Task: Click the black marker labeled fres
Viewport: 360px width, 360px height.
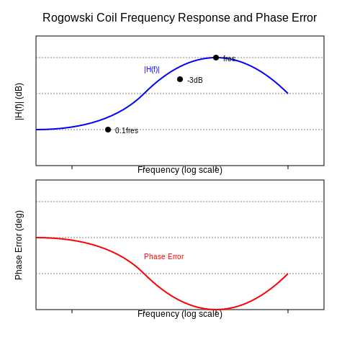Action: click(x=216, y=58)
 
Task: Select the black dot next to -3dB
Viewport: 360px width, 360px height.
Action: click(x=180, y=79)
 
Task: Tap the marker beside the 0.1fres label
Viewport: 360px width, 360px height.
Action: click(x=108, y=130)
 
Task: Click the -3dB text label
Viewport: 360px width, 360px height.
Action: click(x=195, y=80)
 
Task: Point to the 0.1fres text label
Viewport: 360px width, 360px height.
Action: click(x=127, y=130)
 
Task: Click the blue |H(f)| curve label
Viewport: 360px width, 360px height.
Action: click(x=152, y=69)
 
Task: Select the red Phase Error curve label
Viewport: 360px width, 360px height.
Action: click(x=164, y=256)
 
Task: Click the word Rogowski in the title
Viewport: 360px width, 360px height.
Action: click(x=68, y=18)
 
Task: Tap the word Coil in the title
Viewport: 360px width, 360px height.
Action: click(x=107, y=17)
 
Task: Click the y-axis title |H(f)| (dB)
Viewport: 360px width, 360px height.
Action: click(x=19, y=102)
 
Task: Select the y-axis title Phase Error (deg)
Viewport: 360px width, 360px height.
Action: click(x=19, y=245)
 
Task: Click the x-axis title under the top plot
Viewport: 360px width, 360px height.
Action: click(x=180, y=170)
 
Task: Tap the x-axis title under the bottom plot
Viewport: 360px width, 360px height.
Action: click(x=180, y=314)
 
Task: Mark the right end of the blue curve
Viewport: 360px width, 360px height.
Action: click(x=288, y=94)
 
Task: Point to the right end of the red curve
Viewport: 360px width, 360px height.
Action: click(x=288, y=274)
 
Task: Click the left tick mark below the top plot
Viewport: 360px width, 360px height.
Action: click(x=72, y=167)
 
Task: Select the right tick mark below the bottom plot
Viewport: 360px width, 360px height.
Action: click(x=288, y=311)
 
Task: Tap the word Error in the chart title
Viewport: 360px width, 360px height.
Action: click(x=304, y=17)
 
